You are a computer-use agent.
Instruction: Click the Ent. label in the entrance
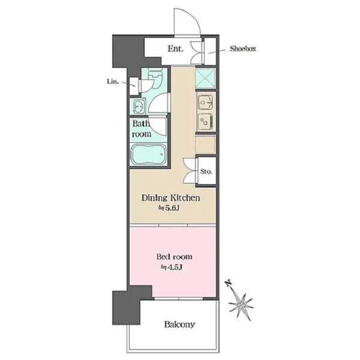[175, 49]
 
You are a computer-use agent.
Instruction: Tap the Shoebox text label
[243, 49]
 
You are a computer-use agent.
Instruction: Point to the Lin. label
[113, 82]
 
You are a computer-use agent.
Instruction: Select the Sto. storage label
[206, 171]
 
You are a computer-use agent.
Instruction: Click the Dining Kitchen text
[170, 197]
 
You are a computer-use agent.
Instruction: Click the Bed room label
[174, 256]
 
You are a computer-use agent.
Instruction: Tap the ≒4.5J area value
[172, 267]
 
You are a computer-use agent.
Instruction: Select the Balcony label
[180, 325]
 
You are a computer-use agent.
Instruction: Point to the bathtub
[148, 154]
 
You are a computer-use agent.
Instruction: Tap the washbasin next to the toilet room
[138, 106]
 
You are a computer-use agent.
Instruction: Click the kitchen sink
[206, 103]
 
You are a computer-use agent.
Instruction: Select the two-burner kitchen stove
[206, 122]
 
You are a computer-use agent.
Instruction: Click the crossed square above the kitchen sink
[205, 78]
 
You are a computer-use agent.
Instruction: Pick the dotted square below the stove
[205, 145]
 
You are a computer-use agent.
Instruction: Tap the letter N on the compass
[228, 284]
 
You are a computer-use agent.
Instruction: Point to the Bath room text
[141, 129]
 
